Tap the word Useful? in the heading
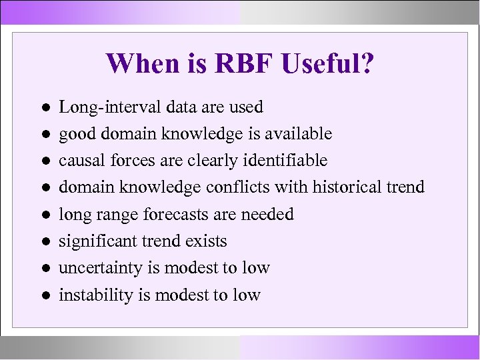click(327, 65)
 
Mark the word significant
click(97, 241)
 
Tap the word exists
click(207, 241)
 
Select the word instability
click(90, 294)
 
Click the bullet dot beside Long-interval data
click(42, 107)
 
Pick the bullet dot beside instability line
click(42, 295)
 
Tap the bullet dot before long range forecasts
click(42, 215)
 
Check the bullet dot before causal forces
click(42, 161)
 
